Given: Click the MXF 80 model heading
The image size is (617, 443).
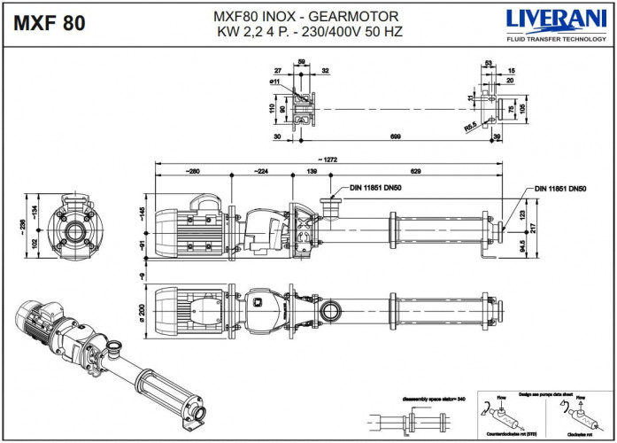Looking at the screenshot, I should pyautogui.click(x=50, y=24).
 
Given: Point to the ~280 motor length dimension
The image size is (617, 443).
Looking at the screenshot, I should pyautogui.click(x=192, y=170).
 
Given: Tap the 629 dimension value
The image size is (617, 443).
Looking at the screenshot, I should pyautogui.click(x=415, y=170).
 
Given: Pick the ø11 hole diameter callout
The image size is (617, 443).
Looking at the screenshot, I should pyautogui.click(x=276, y=82).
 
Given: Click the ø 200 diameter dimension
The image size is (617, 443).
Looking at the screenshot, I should pyautogui.click(x=141, y=313).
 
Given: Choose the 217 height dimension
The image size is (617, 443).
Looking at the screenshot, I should pyautogui.click(x=533, y=228).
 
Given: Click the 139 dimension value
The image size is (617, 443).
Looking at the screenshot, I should pyautogui.click(x=312, y=170).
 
